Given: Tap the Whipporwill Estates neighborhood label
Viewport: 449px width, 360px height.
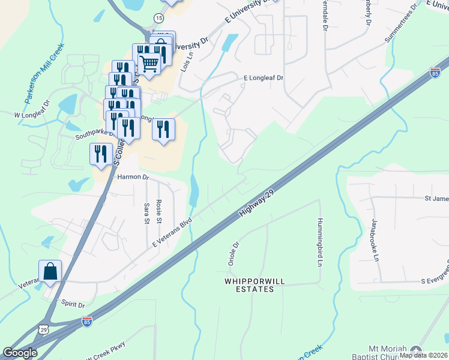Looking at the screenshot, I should click(249, 284).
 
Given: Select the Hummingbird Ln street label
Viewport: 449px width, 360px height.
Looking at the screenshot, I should click(321, 242).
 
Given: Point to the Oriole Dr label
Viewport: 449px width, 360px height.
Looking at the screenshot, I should click(234, 254).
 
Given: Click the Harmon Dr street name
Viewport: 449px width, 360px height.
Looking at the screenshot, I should click(132, 177).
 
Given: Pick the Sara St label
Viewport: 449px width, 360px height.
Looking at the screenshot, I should click(146, 213).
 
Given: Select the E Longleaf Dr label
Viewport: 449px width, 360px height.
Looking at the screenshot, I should click(263, 78).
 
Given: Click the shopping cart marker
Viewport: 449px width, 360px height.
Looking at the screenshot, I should click(149, 62).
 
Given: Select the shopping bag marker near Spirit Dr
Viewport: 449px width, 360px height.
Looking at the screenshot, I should click(50, 271).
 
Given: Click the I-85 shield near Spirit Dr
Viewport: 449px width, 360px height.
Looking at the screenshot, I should click(86, 322).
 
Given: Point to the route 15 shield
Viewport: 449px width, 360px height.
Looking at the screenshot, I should click(158, 19).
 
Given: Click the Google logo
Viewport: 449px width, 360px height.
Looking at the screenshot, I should click(20, 353).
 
